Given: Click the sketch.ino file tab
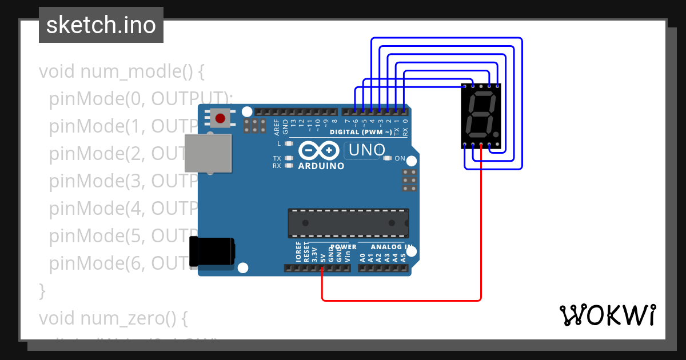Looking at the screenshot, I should point(101,25).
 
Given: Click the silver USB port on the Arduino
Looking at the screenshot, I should point(209,153).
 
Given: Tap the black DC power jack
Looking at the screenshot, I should point(212,251).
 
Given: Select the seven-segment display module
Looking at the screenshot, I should point(481,117).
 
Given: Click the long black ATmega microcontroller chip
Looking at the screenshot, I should point(348,223).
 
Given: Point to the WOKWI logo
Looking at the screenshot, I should point(607,315).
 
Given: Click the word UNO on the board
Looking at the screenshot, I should point(362,151).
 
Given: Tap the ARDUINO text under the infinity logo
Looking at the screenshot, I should point(321,166).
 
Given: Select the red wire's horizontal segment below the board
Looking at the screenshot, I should point(400,299).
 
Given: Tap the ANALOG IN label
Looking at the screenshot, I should point(392,247).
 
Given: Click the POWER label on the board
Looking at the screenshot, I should point(344,247).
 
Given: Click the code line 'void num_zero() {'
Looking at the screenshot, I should point(113,318).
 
